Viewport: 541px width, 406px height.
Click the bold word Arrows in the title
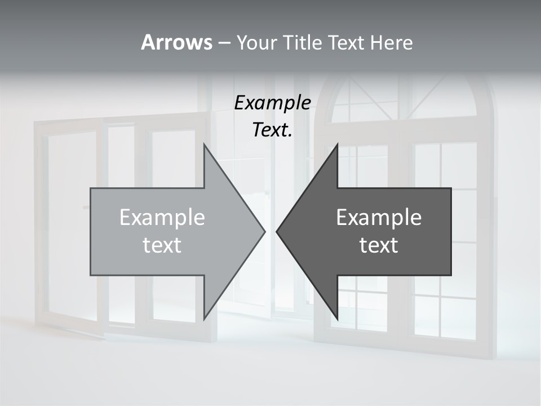click(176, 42)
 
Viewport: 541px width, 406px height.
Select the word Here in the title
click(391, 42)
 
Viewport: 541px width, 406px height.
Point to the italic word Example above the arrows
click(272, 103)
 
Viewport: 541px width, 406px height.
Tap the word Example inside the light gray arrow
click(162, 217)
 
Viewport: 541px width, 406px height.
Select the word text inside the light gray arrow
click(162, 245)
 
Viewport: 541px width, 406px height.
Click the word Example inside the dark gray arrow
click(379, 217)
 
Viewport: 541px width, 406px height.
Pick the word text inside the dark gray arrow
click(379, 245)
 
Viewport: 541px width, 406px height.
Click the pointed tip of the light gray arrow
click(264, 231)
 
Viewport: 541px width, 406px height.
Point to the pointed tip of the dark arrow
click(277, 231)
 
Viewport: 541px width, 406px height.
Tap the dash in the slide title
click(224, 42)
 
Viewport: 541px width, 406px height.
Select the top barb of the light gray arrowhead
click(205, 148)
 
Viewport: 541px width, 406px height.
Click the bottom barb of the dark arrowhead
click(336, 316)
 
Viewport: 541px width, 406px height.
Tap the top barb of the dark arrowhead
click(336, 148)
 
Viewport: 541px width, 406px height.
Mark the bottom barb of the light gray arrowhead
click(205, 316)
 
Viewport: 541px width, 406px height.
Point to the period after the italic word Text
click(290, 136)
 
